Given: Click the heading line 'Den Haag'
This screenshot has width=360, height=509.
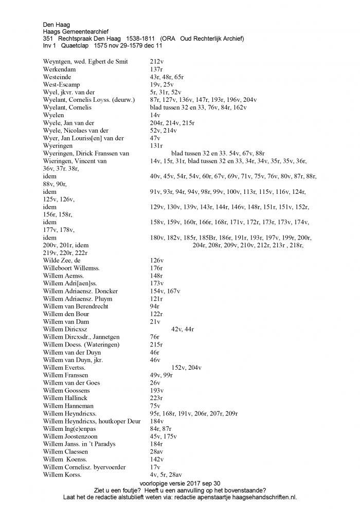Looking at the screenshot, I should pos(57,24).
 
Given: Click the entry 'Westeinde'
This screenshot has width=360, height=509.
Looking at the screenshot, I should pos(58,77).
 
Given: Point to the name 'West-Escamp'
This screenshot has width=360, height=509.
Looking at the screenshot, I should pos(62,85).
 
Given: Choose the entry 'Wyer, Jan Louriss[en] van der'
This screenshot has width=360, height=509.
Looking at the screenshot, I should pos(83,138).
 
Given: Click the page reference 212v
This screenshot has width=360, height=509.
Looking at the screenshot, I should pos(157,62).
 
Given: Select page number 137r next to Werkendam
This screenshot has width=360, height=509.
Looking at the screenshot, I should pos(156,69).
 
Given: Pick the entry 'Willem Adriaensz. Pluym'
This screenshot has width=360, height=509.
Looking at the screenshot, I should pos(78,299).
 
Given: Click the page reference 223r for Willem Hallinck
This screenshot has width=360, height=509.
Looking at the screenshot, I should pos(156,398).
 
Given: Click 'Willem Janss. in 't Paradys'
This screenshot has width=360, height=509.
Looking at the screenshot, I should pos(79,444).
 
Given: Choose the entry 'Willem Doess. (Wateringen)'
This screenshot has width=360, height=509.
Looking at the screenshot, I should pos(81,344).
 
